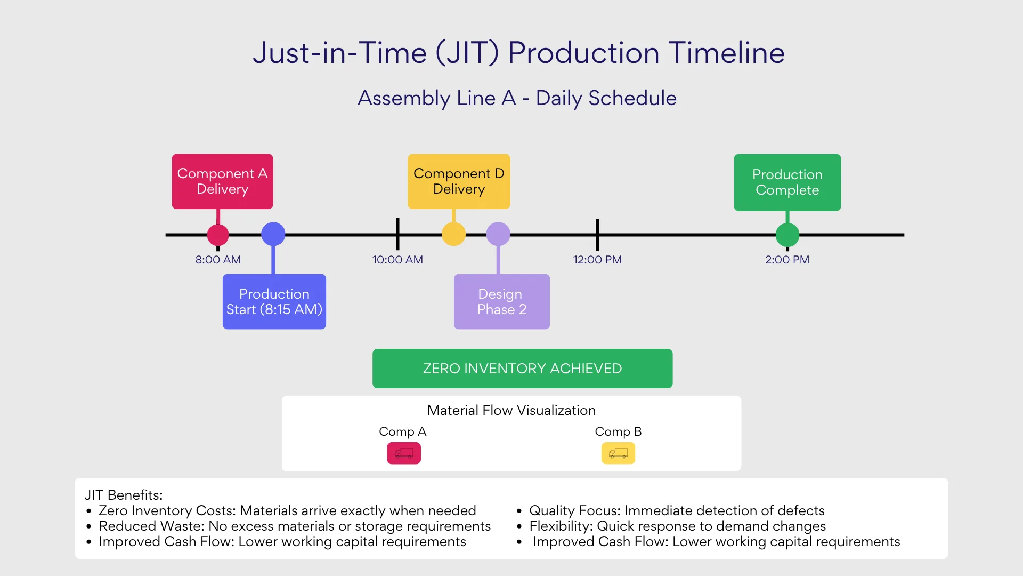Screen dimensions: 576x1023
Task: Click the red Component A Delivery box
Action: point(222,181)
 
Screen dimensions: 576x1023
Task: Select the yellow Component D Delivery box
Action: point(459,181)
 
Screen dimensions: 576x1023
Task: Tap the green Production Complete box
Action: point(787,182)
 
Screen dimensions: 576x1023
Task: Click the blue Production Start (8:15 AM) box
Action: point(274,301)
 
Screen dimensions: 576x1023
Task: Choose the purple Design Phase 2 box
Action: point(501,301)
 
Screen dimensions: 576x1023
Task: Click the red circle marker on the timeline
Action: point(218,235)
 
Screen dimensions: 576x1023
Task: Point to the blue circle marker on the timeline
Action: point(273,234)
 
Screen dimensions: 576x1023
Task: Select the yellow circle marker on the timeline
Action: point(453,234)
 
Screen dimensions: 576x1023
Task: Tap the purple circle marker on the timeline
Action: point(498,234)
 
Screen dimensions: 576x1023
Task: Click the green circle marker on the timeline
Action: point(787,235)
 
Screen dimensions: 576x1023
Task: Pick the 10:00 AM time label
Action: point(397,260)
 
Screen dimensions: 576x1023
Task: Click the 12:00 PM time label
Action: point(597,260)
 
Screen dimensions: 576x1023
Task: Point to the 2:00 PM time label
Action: point(787,260)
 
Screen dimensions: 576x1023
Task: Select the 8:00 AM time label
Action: point(218,260)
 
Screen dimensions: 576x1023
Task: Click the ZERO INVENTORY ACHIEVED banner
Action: point(522,369)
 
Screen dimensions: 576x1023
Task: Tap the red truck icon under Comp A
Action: point(404,453)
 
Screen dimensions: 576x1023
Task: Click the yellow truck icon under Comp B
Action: point(618,453)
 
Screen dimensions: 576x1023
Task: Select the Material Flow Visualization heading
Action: point(511,410)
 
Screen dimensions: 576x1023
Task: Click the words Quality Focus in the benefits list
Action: point(574,510)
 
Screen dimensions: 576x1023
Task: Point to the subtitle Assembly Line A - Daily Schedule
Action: point(517,98)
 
